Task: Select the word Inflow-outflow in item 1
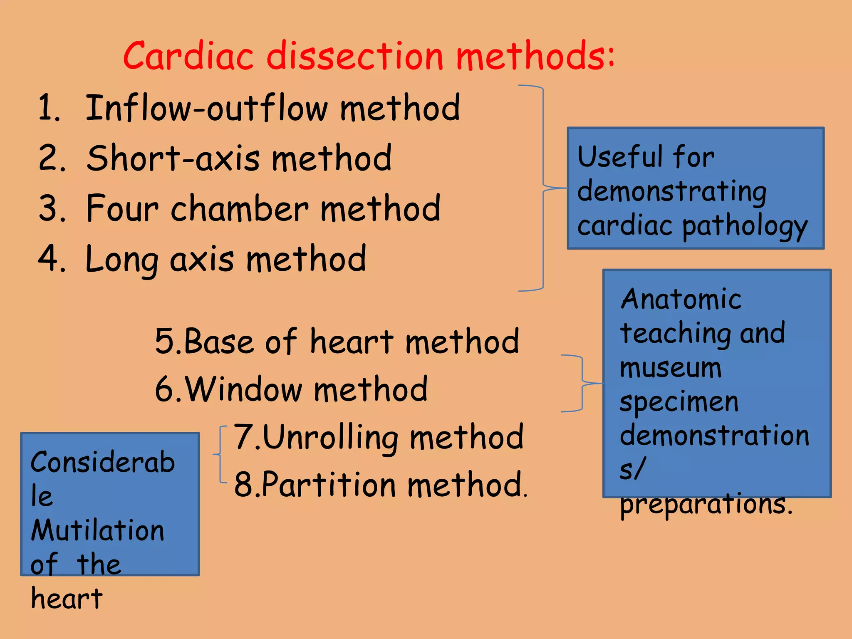(x=206, y=108)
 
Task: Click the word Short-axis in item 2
(x=173, y=158)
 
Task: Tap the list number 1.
(x=49, y=108)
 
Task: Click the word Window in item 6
(x=243, y=389)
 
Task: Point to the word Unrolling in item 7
(x=331, y=438)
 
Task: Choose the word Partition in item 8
(x=329, y=485)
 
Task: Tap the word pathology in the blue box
(x=745, y=227)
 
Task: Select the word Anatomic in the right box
(x=681, y=300)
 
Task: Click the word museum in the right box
(x=670, y=368)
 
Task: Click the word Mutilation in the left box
(x=98, y=531)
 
